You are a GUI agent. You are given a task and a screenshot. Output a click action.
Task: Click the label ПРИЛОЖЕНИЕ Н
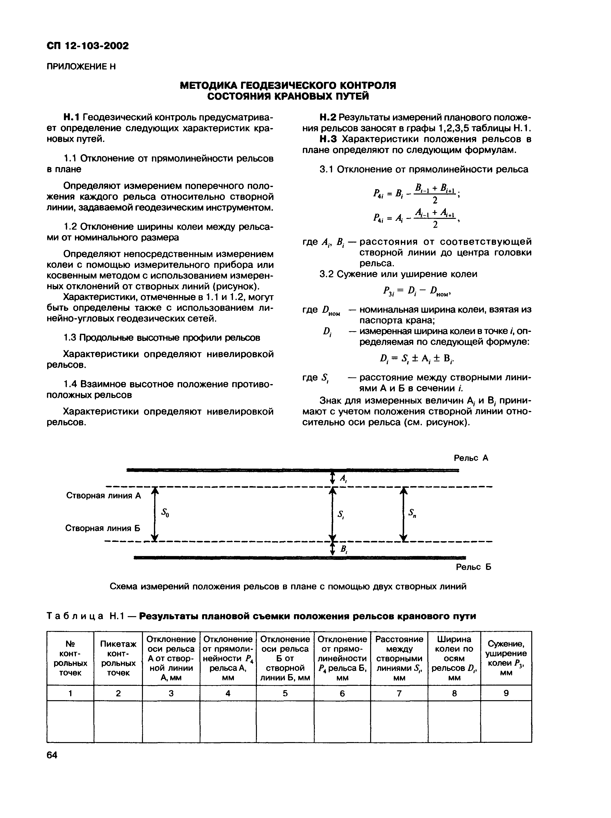[81, 67]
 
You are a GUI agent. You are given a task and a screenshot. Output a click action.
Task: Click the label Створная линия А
[103, 495]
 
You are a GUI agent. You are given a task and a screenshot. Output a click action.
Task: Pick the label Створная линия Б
[102, 528]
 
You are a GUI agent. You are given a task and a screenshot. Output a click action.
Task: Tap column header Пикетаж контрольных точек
[118, 658]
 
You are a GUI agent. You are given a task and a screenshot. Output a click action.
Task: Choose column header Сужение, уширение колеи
[506, 658]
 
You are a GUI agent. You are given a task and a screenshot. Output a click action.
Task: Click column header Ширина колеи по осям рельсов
[454, 658]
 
